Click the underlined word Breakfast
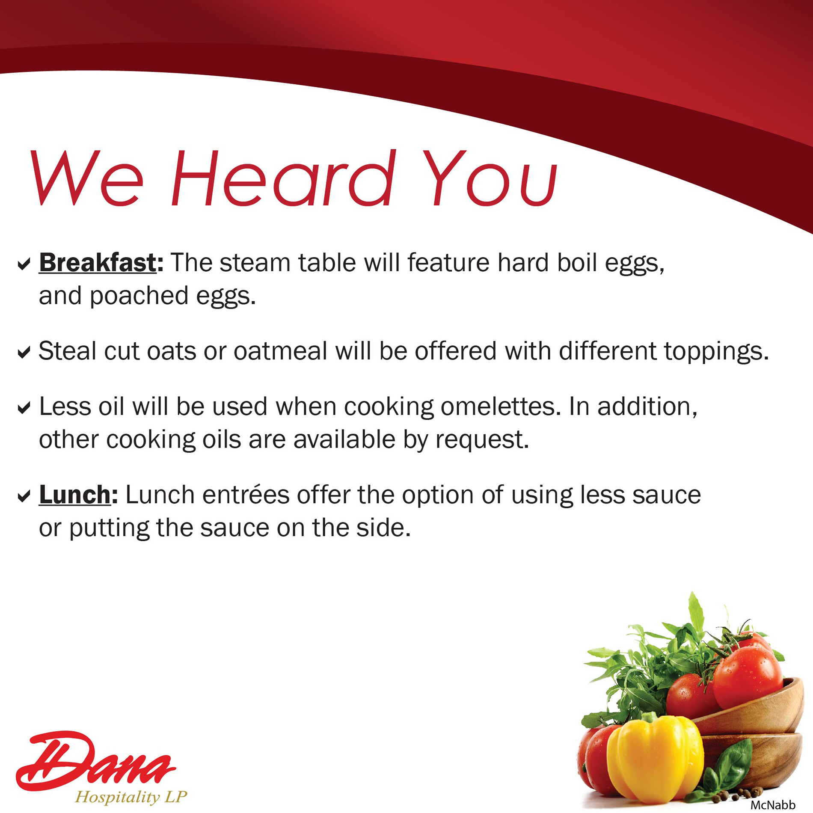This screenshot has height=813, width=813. (x=98, y=262)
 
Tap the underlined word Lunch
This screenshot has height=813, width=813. (x=75, y=495)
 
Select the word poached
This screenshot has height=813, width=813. (x=139, y=296)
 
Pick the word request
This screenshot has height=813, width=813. (x=482, y=440)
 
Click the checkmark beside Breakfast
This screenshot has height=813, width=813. (x=24, y=264)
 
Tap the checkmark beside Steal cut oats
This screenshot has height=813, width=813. (x=24, y=352)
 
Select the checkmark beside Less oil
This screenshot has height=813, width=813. (x=24, y=407)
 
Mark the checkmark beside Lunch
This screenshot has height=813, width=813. (x=24, y=496)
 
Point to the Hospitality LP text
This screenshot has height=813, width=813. (x=131, y=797)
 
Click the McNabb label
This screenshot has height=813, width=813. (x=773, y=805)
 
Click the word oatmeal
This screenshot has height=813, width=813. (x=280, y=351)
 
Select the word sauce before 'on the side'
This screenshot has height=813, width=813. (x=235, y=528)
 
